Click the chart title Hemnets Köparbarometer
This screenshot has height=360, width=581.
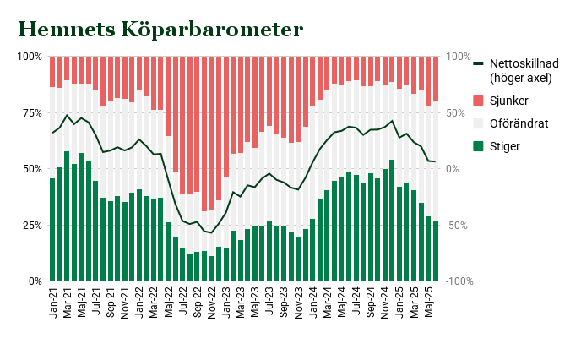(160, 30)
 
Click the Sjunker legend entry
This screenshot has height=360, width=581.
(510, 101)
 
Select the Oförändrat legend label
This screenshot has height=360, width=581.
(519, 123)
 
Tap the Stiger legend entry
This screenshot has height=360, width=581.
(505, 146)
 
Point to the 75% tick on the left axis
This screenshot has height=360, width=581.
(31, 112)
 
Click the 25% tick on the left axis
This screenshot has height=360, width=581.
(31, 225)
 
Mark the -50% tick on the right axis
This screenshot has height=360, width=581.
(458, 225)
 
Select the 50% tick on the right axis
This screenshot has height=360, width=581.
(457, 112)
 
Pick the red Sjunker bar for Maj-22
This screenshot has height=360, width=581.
(168, 96)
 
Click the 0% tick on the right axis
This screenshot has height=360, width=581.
(454, 168)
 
